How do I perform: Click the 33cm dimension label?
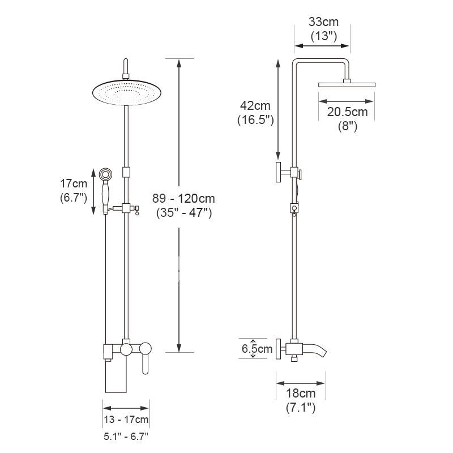[323, 22]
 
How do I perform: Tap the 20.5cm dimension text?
[347, 112]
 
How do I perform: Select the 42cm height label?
[255, 106]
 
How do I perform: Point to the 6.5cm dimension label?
[257, 349]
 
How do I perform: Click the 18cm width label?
[301, 393]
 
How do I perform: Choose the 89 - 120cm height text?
[183, 199]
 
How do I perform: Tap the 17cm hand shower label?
[74, 183]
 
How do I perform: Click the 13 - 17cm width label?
[126, 419]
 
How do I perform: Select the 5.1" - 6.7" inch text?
[126, 436]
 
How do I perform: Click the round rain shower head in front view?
[126, 92]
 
